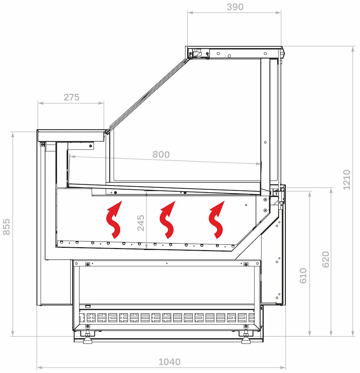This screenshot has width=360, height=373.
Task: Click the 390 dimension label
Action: click(235, 7)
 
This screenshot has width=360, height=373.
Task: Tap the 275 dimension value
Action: click(71, 97)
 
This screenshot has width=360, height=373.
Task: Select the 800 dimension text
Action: click(161, 155)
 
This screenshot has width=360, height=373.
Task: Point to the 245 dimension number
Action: click(141, 223)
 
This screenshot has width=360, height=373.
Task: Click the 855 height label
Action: click(7, 227)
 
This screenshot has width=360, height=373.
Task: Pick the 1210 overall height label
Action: click(347, 180)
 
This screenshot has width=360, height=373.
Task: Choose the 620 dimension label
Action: click(325, 259)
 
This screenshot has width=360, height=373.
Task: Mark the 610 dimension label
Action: click(303, 275)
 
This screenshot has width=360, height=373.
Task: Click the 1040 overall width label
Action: click(169, 362)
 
